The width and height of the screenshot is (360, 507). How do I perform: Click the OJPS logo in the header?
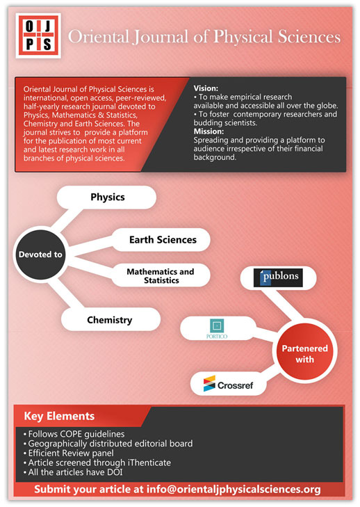[38, 35]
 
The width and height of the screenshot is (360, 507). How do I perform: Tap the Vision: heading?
[206, 88]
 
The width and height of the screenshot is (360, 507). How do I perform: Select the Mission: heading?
[208, 131]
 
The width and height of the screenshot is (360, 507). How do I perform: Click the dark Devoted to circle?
[40, 255]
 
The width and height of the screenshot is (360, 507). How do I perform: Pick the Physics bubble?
[106, 198]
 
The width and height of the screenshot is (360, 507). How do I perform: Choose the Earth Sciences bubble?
[161, 240]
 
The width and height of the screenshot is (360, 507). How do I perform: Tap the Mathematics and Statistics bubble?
[161, 275]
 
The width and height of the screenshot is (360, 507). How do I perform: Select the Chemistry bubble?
[111, 319]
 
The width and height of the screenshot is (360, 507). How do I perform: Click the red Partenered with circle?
[304, 353]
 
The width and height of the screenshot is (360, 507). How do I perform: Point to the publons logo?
[278, 277]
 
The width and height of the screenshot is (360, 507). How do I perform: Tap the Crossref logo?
[228, 384]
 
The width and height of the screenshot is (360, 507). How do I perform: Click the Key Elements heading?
[59, 416]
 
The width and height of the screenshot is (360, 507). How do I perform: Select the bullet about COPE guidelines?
[74, 434]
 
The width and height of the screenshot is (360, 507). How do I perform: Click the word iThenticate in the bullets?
[149, 462]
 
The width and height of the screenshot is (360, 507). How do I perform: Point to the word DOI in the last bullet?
[114, 472]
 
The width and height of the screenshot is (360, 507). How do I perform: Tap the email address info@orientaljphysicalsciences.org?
[234, 489]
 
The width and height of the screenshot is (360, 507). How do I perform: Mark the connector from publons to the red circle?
[282, 305]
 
